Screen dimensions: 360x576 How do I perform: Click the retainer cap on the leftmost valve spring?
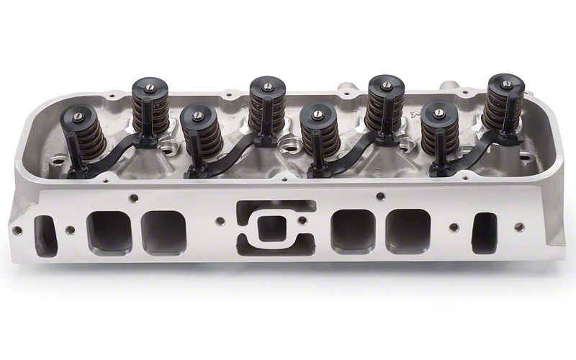pyautogui.click(x=80, y=115)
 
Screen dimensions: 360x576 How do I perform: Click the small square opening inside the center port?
pyautogui.click(x=271, y=228)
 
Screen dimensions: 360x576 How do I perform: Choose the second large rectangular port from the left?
pyautogui.click(x=163, y=233)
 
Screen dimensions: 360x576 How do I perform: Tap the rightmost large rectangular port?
pyautogui.click(x=408, y=231)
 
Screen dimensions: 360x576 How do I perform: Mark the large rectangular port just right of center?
pyautogui.click(x=352, y=230)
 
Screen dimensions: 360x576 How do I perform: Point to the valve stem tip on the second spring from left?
pyautogui.click(x=150, y=87)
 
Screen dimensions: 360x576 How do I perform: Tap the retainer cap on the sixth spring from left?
pyautogui.click(x=387, y=86)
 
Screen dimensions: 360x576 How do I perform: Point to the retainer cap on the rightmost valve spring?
pyautogui.click(x=506, y=82)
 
